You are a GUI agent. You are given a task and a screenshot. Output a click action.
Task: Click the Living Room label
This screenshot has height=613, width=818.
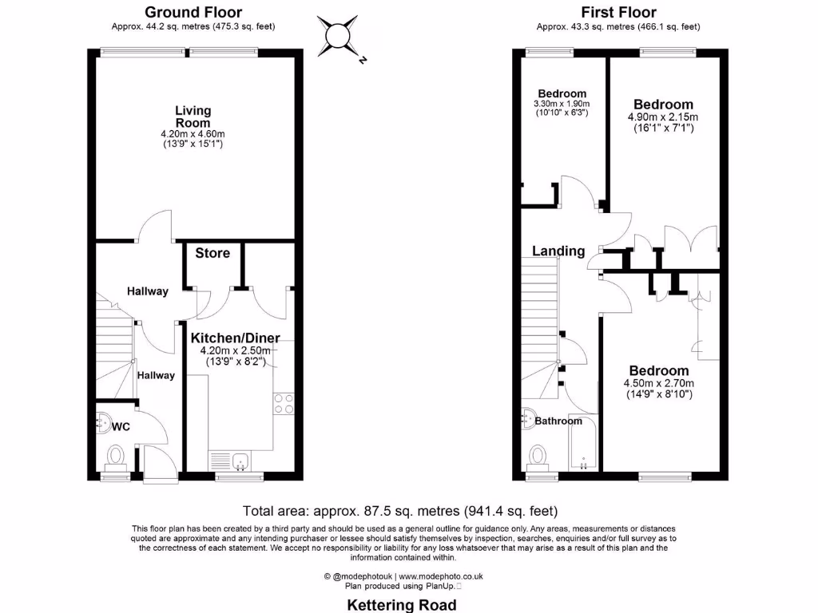point(193,117)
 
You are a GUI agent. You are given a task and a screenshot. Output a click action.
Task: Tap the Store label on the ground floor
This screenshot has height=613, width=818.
point(212,253)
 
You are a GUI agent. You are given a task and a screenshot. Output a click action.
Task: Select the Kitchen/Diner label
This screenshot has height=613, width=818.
point(235,338)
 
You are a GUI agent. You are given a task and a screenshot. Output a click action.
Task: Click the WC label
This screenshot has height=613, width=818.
point(121,427)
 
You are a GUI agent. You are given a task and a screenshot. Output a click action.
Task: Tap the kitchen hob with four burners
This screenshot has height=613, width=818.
point(283,404)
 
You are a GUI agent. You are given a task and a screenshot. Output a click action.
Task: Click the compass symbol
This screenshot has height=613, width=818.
point(339,35)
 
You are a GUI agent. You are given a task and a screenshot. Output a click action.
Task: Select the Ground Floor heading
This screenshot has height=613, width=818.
point(193,12)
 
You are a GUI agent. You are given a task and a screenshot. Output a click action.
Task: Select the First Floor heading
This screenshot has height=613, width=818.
point(619,12)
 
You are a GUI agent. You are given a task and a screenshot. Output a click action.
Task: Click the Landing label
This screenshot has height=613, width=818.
point(558,251)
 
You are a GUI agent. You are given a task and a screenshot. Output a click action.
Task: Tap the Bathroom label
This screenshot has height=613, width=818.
point(558,421)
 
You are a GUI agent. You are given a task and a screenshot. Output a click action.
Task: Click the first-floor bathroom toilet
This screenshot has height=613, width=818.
point(538,457)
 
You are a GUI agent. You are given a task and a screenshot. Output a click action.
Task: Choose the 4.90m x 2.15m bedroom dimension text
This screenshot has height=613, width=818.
point(663,116)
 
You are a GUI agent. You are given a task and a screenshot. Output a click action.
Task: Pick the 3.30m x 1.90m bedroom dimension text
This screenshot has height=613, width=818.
point(562,104)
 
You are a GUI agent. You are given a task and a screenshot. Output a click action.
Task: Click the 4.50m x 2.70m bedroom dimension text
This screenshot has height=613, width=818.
point(658,382)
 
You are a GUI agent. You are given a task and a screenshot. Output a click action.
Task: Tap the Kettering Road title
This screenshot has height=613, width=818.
point(402,605)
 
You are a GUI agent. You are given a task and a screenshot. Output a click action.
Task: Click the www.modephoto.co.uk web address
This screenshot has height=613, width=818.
point(441,575)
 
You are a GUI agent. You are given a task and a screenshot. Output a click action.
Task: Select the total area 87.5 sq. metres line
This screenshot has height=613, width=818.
point(400,511)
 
